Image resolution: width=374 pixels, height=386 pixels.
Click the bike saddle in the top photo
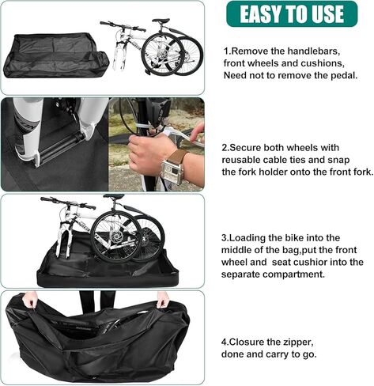(161, 21)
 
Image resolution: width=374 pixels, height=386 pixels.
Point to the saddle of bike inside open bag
(115, 197)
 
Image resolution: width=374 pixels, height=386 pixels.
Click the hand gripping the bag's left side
(30, 300)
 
